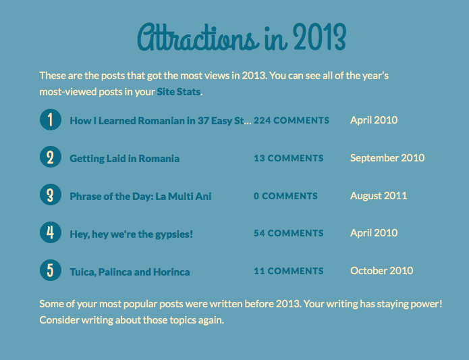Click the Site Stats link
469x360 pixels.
click(179, 91)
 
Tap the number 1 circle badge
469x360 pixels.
click(50, 120)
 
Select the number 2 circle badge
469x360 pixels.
click(50, 158)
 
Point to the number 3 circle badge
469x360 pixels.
click(50, 196)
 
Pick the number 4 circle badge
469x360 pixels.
click(50, 233)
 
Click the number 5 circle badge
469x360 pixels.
click(50, 271)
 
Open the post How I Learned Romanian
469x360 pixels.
click(160, 121)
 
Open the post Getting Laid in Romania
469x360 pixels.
click(125, 159)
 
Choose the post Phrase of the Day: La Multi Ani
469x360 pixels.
click(140, 197)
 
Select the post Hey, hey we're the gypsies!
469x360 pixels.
click(132, 234)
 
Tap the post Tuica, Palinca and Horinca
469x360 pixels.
click(130, 272)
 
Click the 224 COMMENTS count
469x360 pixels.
click(292, 120)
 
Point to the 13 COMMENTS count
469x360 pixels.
click(289, 158)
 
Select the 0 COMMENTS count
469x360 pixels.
click(285, 196)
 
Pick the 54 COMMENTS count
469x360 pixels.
click(289, 233)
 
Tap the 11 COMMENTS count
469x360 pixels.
click(289, 271)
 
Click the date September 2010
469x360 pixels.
click(387, 158)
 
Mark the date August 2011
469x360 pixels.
click(379, 196)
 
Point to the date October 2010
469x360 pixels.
click(382, 271)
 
